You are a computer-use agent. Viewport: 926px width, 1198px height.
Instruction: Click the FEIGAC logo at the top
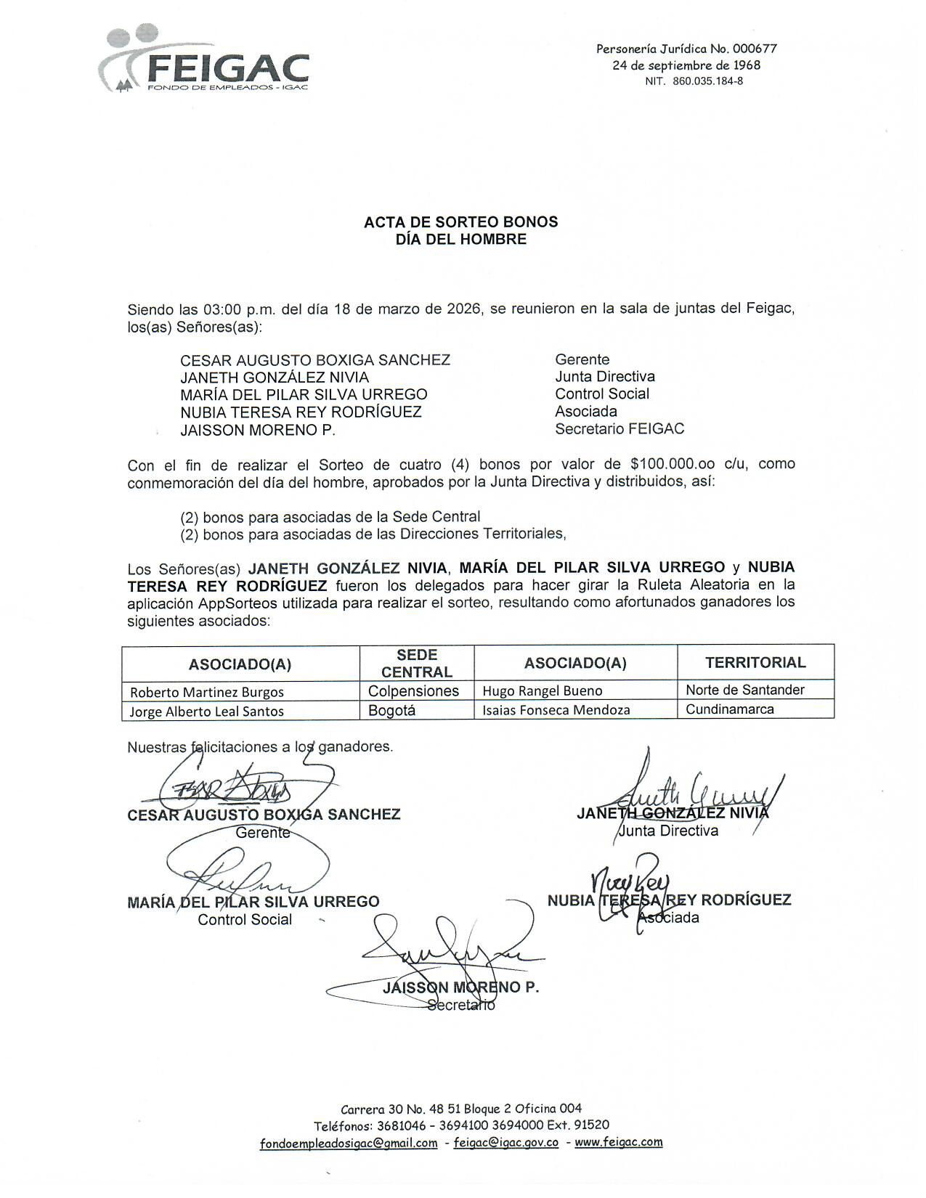point(204,62)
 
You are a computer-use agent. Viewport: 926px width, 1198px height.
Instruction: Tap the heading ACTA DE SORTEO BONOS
point(460,222)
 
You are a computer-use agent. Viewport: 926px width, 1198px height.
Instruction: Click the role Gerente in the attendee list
point(582,359)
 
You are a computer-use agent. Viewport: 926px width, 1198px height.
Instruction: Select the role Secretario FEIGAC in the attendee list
point(620,428)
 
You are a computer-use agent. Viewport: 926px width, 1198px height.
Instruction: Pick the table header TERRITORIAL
point(755,662)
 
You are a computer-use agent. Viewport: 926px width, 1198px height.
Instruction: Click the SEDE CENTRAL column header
point(417,664)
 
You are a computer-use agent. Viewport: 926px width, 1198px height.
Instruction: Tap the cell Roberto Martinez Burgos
point(207,692)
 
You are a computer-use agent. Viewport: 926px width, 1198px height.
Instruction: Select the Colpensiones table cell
point(413,690)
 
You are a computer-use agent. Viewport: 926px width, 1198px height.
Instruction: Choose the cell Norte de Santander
point(745,690)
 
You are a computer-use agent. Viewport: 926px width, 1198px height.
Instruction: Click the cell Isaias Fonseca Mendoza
point(556,710)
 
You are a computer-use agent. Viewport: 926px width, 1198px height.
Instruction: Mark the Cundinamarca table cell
point(729,709)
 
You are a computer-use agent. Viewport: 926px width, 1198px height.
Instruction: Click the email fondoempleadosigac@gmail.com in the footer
point(349,1143)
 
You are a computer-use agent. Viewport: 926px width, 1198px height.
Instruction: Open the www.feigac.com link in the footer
point(619,1141)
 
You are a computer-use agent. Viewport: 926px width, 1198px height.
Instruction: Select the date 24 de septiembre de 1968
point(686,65)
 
